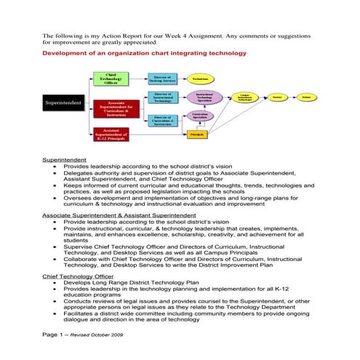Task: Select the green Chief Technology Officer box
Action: [111, 79]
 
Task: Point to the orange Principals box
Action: [197, 134]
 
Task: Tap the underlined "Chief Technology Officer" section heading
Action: [78, 276]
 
